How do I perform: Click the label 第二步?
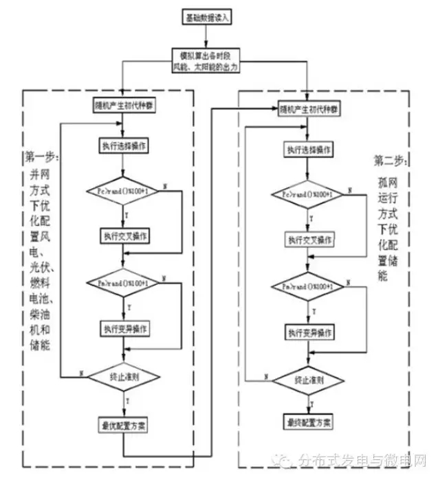(x=391, y=161)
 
